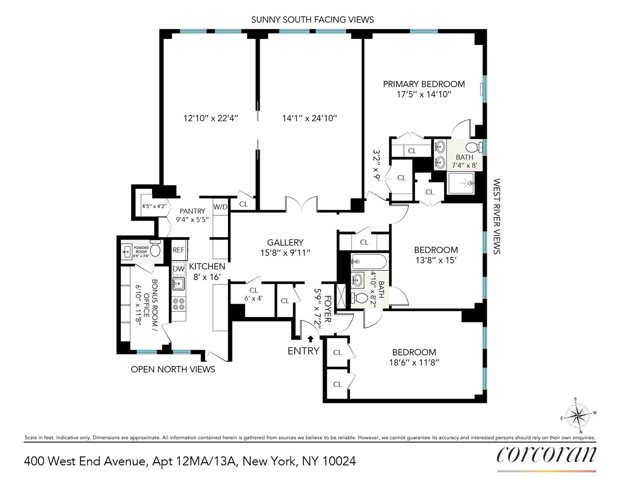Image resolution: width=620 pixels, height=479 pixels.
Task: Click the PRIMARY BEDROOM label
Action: coord(424,84)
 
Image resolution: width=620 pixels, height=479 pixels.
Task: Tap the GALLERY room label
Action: coord(285,243)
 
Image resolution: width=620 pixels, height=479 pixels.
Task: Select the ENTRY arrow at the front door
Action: coord(310,340)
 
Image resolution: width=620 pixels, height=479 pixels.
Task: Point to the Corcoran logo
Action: coord(546,454)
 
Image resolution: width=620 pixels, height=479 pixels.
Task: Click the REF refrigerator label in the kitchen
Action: coord(178,250)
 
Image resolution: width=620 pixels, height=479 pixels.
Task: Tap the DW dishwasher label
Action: coord(178,269)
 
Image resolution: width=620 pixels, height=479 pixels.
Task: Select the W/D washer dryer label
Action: coord(220,207)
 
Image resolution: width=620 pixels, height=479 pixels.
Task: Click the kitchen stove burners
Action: coord(179,303)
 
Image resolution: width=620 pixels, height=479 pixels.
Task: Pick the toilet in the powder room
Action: coord(155,250)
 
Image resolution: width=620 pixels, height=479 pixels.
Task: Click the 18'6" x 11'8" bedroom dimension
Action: coord(414,363)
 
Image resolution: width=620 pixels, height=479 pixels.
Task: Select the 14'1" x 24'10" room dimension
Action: coord(310,118)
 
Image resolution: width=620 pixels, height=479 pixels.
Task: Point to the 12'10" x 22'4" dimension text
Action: coord(211,118)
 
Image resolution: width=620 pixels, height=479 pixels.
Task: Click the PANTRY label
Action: coord(192,211)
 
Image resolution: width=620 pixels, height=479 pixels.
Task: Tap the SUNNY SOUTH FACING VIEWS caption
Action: coord(312,20)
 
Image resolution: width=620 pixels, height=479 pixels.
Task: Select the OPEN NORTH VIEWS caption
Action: coord(173,369)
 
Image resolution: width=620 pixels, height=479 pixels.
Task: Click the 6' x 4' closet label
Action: coord(253,298)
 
